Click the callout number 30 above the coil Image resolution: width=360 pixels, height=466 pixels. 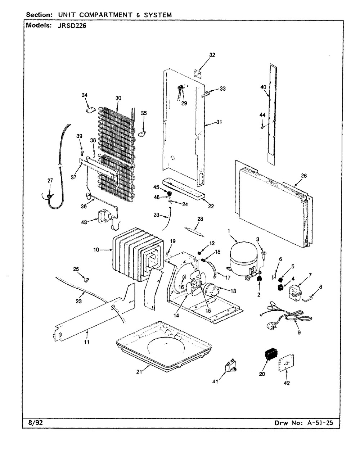click(x=118, y=98)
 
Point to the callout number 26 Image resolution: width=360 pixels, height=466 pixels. click(x=304, y=176)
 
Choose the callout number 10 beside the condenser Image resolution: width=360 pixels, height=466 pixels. click(x=96, y=250)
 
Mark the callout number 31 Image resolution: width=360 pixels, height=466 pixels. click(x=219, y=122)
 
